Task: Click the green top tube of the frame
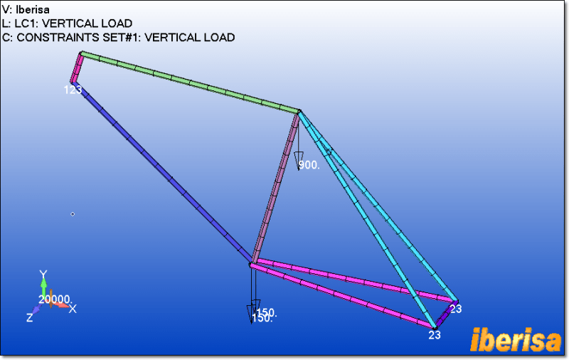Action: tap(189, 82)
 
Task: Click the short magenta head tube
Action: tap(77, 68)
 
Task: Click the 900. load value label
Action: tap(309, 165)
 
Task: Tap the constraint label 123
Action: tap(73, 90)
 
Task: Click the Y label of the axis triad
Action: tap(43, 274)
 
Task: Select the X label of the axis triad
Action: tap(73, 309)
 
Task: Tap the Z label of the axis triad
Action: tap(30, 318)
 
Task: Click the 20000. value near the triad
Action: tap(54, 300)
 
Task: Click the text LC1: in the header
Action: tap(28, 23)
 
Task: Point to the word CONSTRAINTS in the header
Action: tap(53, 37)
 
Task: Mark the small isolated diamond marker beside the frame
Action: tap(73, 213)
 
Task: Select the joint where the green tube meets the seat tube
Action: tap(299, 111)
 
